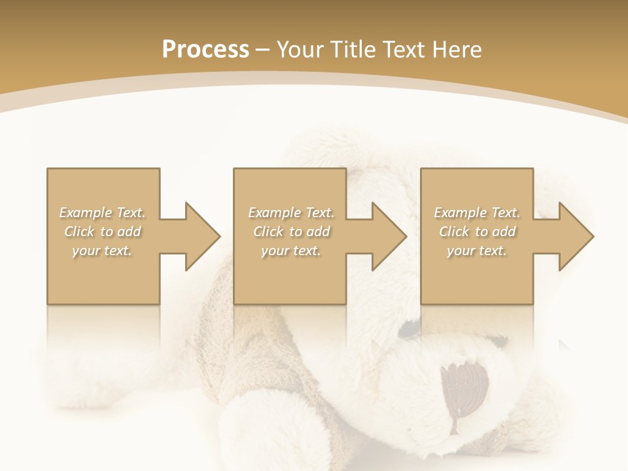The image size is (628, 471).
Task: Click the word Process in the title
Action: pos(205,50)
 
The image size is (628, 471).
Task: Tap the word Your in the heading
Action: pos(300,50)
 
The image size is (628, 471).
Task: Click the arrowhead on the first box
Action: pos(199,236)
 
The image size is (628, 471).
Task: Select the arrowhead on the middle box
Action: pos(385,236)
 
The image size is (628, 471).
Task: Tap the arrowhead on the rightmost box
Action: pos(572,236)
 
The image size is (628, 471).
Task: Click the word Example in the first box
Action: pos(85,213)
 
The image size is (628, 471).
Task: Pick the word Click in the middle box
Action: pos(268,232)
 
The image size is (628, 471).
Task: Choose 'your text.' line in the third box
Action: pos(476,251)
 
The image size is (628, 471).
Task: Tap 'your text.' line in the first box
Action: pos(102,251)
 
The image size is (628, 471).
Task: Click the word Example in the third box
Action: pos(460,213)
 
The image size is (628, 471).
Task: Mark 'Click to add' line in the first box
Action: pos(103,232)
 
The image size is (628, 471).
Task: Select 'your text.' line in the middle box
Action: pos(290,251)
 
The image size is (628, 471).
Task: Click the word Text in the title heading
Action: pos(402,50)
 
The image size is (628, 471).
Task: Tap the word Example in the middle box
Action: pos(274,213)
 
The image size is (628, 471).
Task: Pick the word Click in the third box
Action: pos(454,232)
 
